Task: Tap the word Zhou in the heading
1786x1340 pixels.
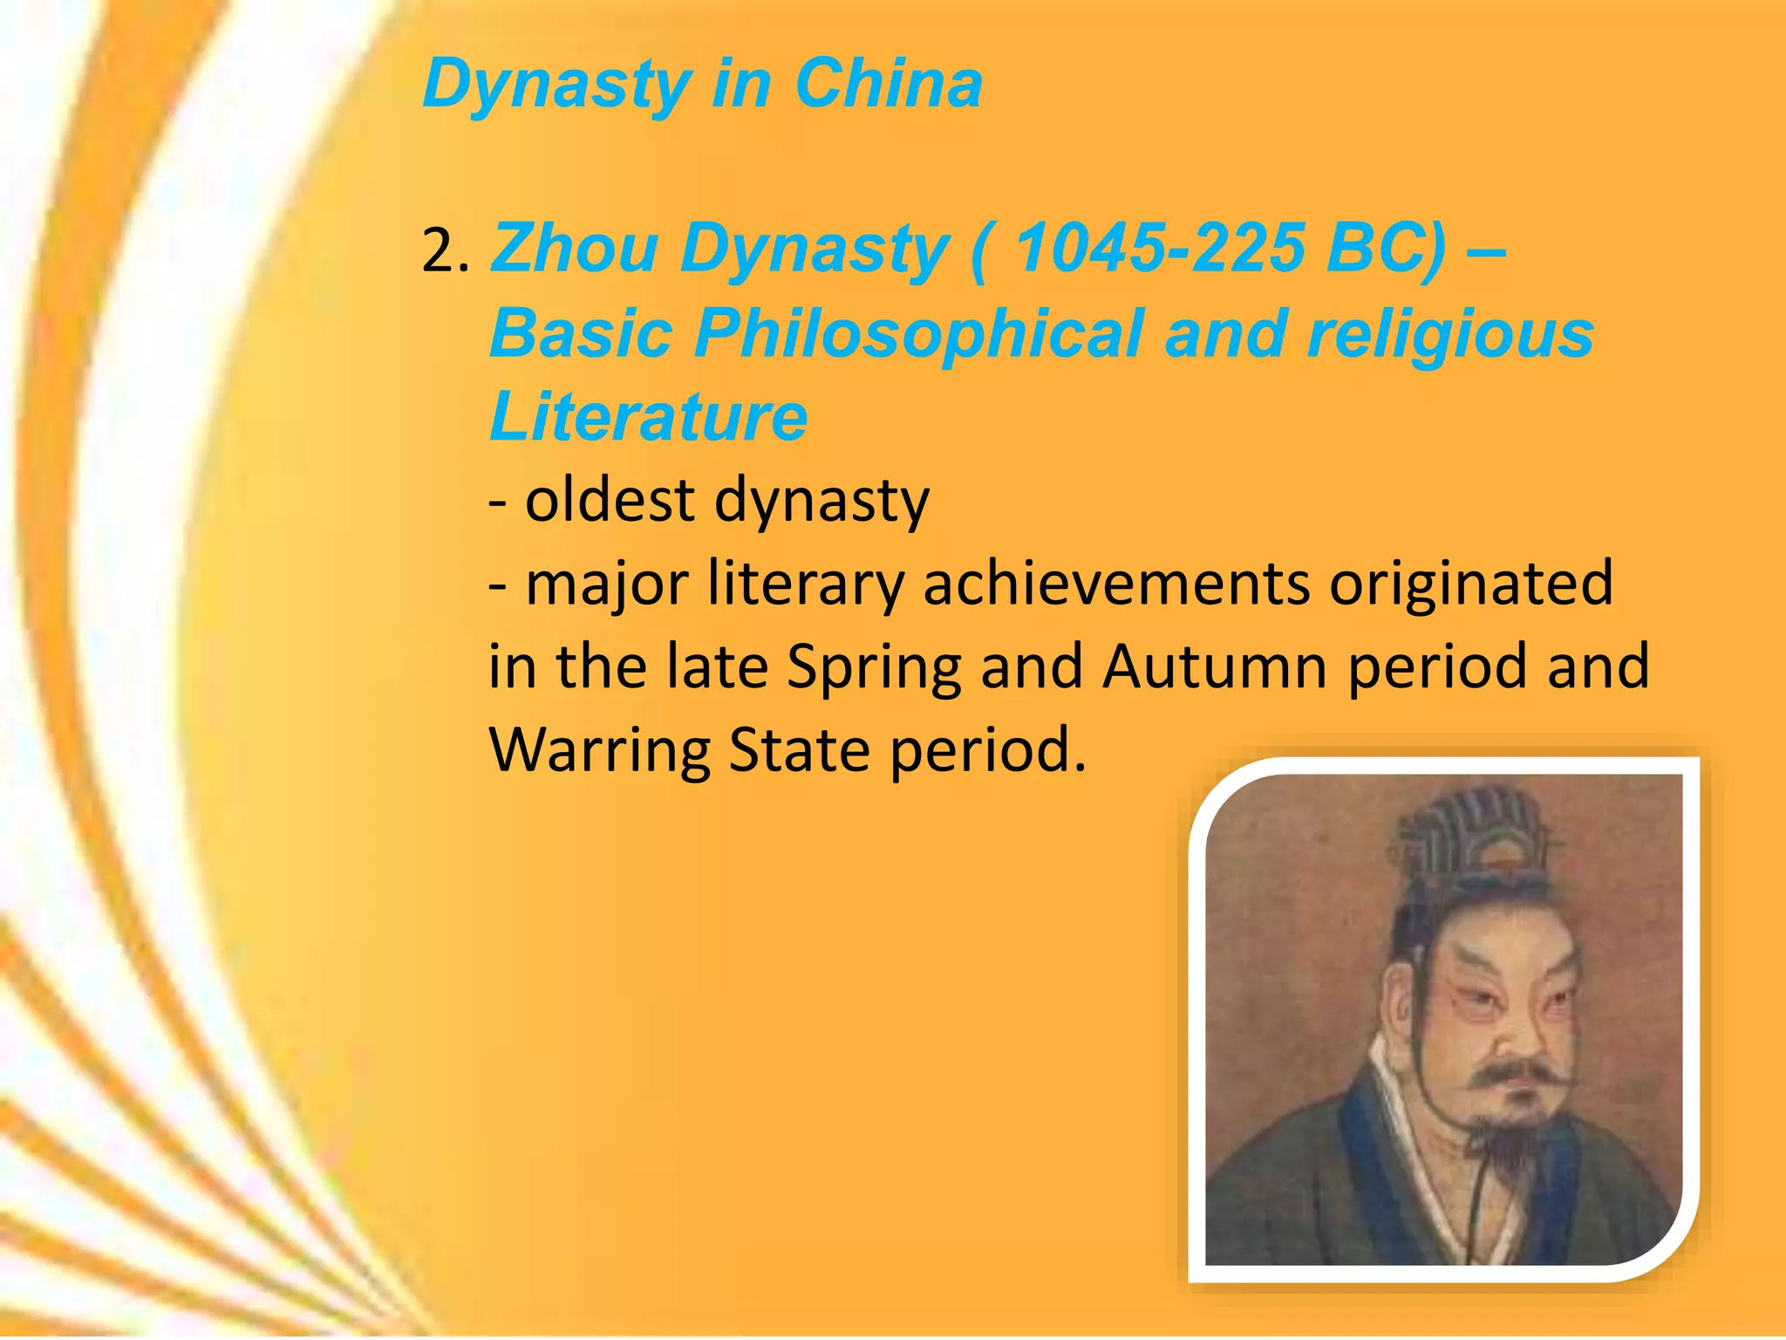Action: pyautogui.click(x=574, y=249)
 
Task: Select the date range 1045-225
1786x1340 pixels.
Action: pyautogui.click(x=1160, y=249)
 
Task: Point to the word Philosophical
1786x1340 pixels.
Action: pyautogui.click(x=917, y=333)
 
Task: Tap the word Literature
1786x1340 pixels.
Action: pyautogui.click(x=649, y=416)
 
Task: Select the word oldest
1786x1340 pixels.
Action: pyautogui.click(x=610, y=500)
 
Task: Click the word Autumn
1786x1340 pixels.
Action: pyautogui.click(x=1215, y=667)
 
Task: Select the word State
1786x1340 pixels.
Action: pyautogui.click(x=799, y=749)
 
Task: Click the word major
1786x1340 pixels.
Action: pyautogui.click(x=606, y=585)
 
